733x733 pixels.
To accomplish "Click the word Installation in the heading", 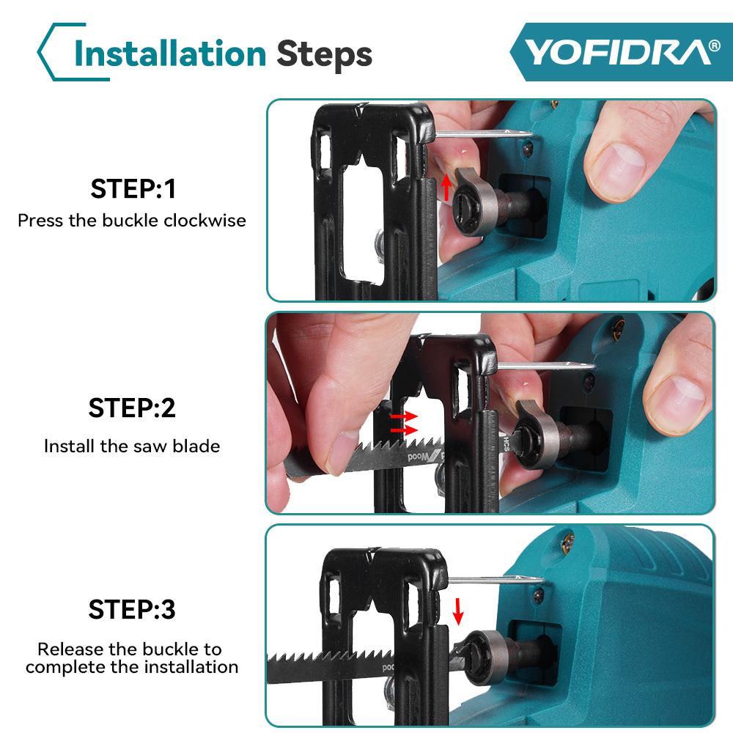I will point(170,54).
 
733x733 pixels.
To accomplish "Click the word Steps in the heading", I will point(324,54).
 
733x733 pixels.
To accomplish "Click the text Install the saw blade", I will point(132,446).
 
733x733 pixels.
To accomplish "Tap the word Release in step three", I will point(67,649).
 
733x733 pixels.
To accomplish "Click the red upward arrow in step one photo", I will point(446,188).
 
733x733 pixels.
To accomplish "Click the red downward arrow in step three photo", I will point(458,610).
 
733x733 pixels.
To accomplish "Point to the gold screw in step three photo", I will point(566,542).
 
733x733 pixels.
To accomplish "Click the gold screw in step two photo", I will point(620,325).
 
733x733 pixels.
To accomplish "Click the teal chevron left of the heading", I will point(50,51).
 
